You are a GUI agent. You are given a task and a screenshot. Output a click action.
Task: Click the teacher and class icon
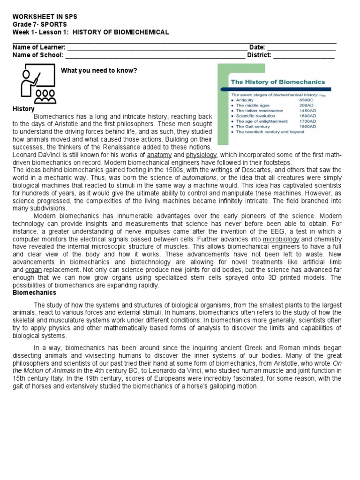point(37,83)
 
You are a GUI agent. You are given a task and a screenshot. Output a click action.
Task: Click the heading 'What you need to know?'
point(99,70)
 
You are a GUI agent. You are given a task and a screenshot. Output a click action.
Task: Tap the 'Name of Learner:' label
point(39,47)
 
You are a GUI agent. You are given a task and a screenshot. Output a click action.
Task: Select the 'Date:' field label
point(257,47)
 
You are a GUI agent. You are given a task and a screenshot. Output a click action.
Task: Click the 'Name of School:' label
point(38,55)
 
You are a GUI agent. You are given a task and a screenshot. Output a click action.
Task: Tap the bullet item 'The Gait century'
point(254,127)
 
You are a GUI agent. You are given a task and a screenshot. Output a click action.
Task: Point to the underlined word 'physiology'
point(202,155)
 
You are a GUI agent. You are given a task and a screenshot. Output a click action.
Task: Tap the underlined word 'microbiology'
point(281,239)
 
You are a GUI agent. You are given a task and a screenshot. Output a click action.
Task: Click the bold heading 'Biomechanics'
point(34,292)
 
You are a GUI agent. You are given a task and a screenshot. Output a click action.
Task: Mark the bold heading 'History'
point(23,109)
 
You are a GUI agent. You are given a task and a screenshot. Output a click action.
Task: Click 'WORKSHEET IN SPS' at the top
point(45,17)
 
